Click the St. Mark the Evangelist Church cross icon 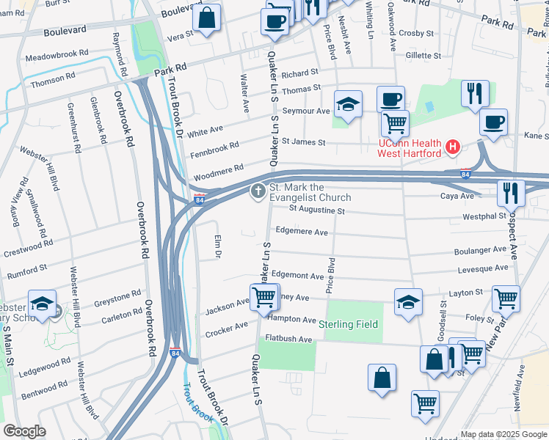coord(258,191)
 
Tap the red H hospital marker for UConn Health coord(452,147)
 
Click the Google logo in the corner coord(24,430)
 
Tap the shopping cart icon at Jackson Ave coord(263,298)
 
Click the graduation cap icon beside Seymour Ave coord(348,104)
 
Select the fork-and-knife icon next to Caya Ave coord(510,193)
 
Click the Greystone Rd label coord(121,296)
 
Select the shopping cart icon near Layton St coord(506,298)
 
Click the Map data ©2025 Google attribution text coord(503,433)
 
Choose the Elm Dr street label coord(217,246)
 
